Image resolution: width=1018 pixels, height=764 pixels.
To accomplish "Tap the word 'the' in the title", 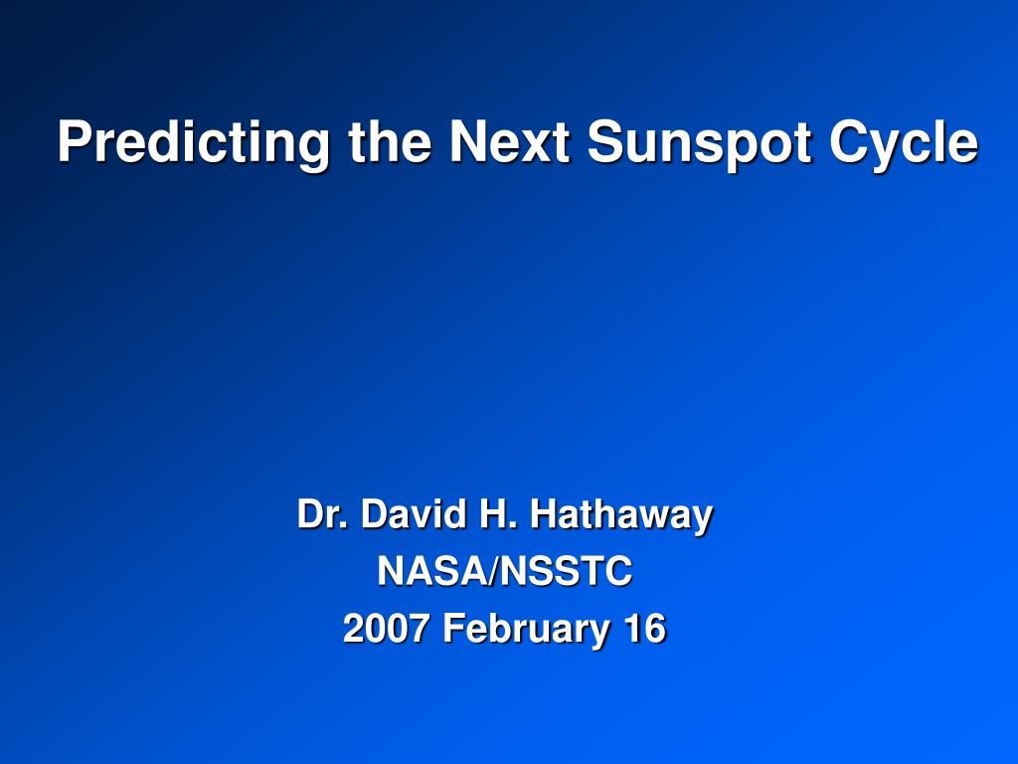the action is click(x=390, y=141).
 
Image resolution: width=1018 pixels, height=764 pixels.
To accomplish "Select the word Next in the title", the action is click(x=510, y=141).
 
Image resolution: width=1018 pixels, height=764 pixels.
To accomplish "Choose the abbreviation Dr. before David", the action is click(x=321, y=514).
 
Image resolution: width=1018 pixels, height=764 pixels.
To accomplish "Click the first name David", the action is click(x=414, y=514).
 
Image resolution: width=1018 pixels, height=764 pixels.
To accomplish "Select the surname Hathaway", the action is click(x=621, y=517).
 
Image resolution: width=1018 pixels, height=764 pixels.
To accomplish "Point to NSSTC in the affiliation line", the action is click(x=566, y=571).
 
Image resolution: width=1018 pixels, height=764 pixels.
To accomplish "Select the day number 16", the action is click(x=645, y=629).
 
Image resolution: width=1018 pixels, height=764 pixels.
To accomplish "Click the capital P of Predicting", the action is click(x=74, y=141).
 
